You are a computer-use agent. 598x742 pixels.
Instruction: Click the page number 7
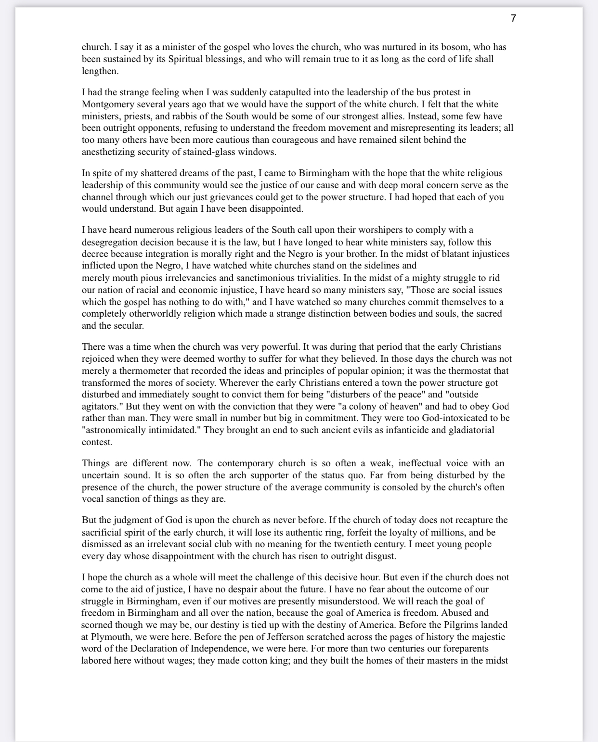pos(513,18)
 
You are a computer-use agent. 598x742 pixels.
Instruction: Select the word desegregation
pos(111,242)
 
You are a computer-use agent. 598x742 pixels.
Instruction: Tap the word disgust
pos(379,556)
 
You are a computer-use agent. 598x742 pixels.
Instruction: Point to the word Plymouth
pos(109,637)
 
